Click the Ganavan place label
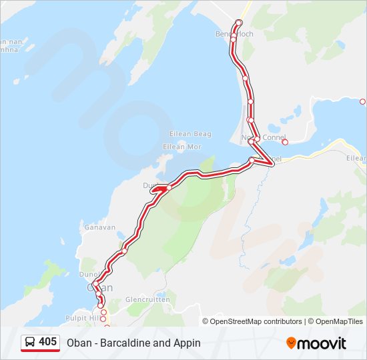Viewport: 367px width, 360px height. click(100, 227)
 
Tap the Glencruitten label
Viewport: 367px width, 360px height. click(147, 299)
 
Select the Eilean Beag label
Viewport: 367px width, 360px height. click(190, 134)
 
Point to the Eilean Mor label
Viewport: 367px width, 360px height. click(182, 147)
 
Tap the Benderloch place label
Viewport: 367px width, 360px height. click(234, 33)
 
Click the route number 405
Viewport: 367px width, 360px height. click(47, 342)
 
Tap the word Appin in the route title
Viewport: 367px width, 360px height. click(188, 343)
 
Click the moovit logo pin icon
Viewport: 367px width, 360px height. click(291, 343)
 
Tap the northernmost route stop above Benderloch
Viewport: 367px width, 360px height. click(238, 23)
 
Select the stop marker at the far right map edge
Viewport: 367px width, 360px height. click(362, 102)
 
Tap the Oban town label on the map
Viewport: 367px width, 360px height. click(100, 287)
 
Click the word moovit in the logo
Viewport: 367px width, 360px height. click(322, 343)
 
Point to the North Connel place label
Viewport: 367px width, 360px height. click(264, 138)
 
